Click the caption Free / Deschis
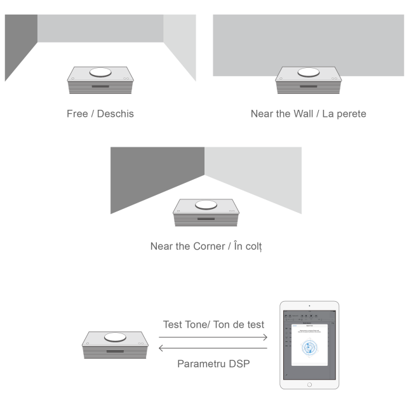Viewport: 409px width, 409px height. [100, 114]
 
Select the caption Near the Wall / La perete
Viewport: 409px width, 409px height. [309, 114]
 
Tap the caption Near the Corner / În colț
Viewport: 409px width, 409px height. [206, 246]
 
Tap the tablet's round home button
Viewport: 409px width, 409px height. [309, 383]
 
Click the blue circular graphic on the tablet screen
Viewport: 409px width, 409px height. [309, 347]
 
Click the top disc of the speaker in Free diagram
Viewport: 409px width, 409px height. [100, 72]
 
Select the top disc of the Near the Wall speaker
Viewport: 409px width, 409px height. [309, 72]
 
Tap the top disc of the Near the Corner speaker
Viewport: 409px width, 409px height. [206, 204]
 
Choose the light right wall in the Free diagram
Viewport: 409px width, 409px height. [180, 44]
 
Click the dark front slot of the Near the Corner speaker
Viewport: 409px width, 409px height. [206, 218]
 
